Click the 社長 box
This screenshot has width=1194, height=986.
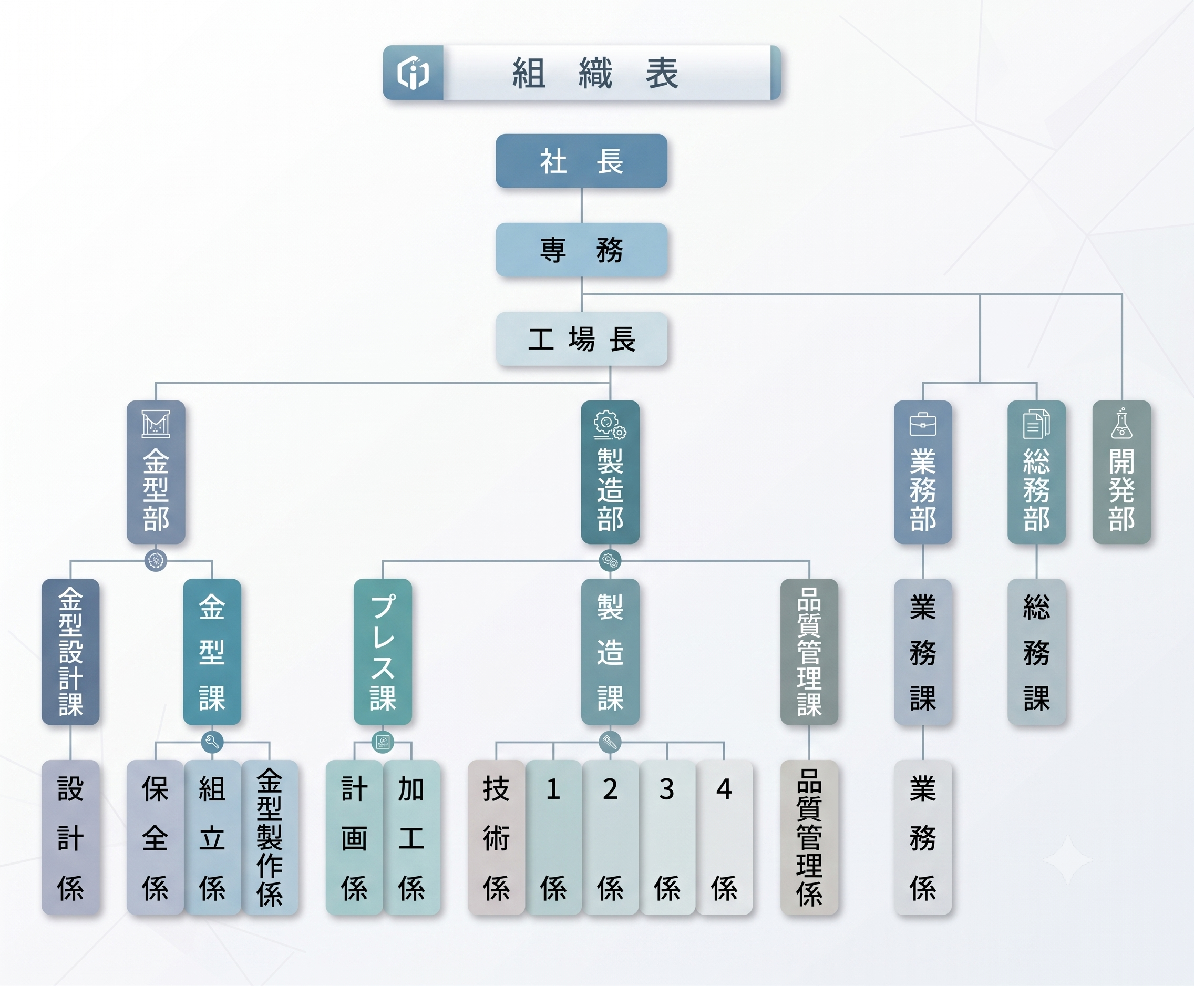pos(581,161)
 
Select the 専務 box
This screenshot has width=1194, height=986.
pos(581,250)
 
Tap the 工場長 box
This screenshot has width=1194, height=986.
pos(581,339)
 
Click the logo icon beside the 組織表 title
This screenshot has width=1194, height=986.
pos(413,73)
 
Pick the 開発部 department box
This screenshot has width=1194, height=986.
pos(1121,472)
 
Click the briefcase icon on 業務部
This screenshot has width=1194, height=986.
pos(923,424)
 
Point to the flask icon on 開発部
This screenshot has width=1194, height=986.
pos(1121,423)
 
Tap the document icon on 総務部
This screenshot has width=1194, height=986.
pos(1036,424)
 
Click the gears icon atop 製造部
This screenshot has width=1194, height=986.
pos(610,425)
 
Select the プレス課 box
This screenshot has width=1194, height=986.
pos(383,652)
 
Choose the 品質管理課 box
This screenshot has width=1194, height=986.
pos(809,652)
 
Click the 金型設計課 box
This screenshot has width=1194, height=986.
pos(70,652)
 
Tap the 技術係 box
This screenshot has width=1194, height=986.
pos(496,837)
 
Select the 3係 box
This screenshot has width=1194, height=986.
pos(667,837)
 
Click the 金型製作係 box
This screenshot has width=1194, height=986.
pos(270,837)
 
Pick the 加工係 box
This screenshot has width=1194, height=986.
pos(411,837)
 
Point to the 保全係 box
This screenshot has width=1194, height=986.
pos(155,837)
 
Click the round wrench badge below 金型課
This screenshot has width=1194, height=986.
pos(212,742)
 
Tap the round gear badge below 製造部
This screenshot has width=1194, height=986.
pos(610,561)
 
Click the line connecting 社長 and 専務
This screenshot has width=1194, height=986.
pos(581,205)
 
